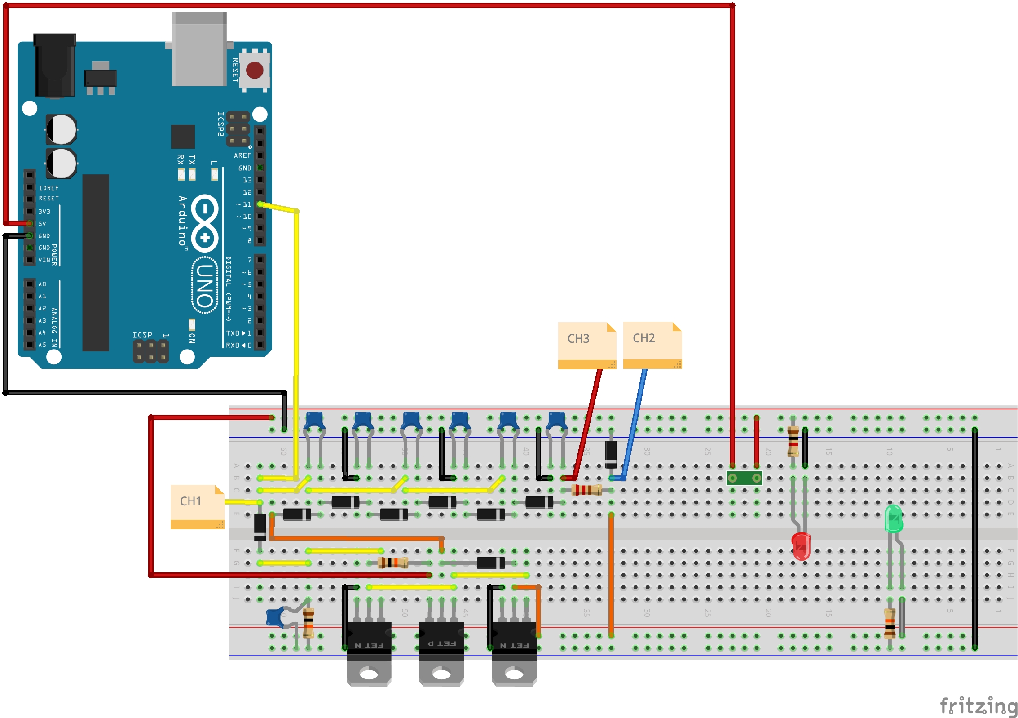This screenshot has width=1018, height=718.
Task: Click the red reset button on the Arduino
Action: click(255, 70)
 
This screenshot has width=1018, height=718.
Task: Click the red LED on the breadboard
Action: click(801, 545)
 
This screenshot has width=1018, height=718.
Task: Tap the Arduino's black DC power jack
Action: click(55, 65)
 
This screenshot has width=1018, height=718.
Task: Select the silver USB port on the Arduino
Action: click(199, 49)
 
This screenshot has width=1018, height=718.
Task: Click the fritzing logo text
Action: click(978, 705)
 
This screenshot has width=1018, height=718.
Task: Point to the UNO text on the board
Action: click(205, 285)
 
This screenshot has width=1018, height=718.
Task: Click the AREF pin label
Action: click(242, 155)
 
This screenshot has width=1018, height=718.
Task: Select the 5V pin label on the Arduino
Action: click(42, 223)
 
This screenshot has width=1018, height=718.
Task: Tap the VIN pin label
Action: click(44, 260)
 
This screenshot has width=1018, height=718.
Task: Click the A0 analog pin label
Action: click(42, 284)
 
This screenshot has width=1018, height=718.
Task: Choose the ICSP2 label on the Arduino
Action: click(220, 124)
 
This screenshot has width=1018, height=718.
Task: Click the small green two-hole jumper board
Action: click(744, 478)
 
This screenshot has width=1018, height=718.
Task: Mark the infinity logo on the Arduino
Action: click(205, 223)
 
